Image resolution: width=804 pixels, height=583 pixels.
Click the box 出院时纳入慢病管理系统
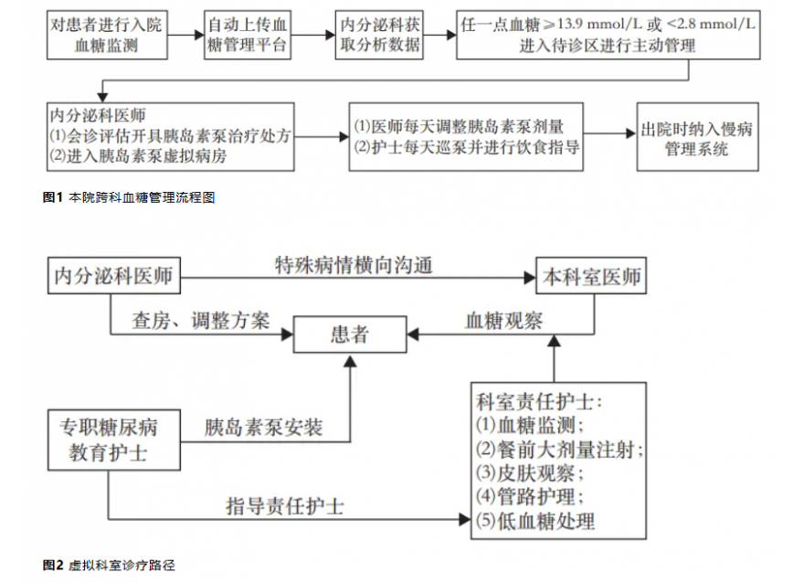click(697, 138)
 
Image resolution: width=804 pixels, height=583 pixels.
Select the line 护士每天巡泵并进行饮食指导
click(466, 148)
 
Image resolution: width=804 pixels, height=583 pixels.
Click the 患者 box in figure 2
click(350, 334)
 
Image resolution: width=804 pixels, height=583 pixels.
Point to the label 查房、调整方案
click(200, 321)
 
